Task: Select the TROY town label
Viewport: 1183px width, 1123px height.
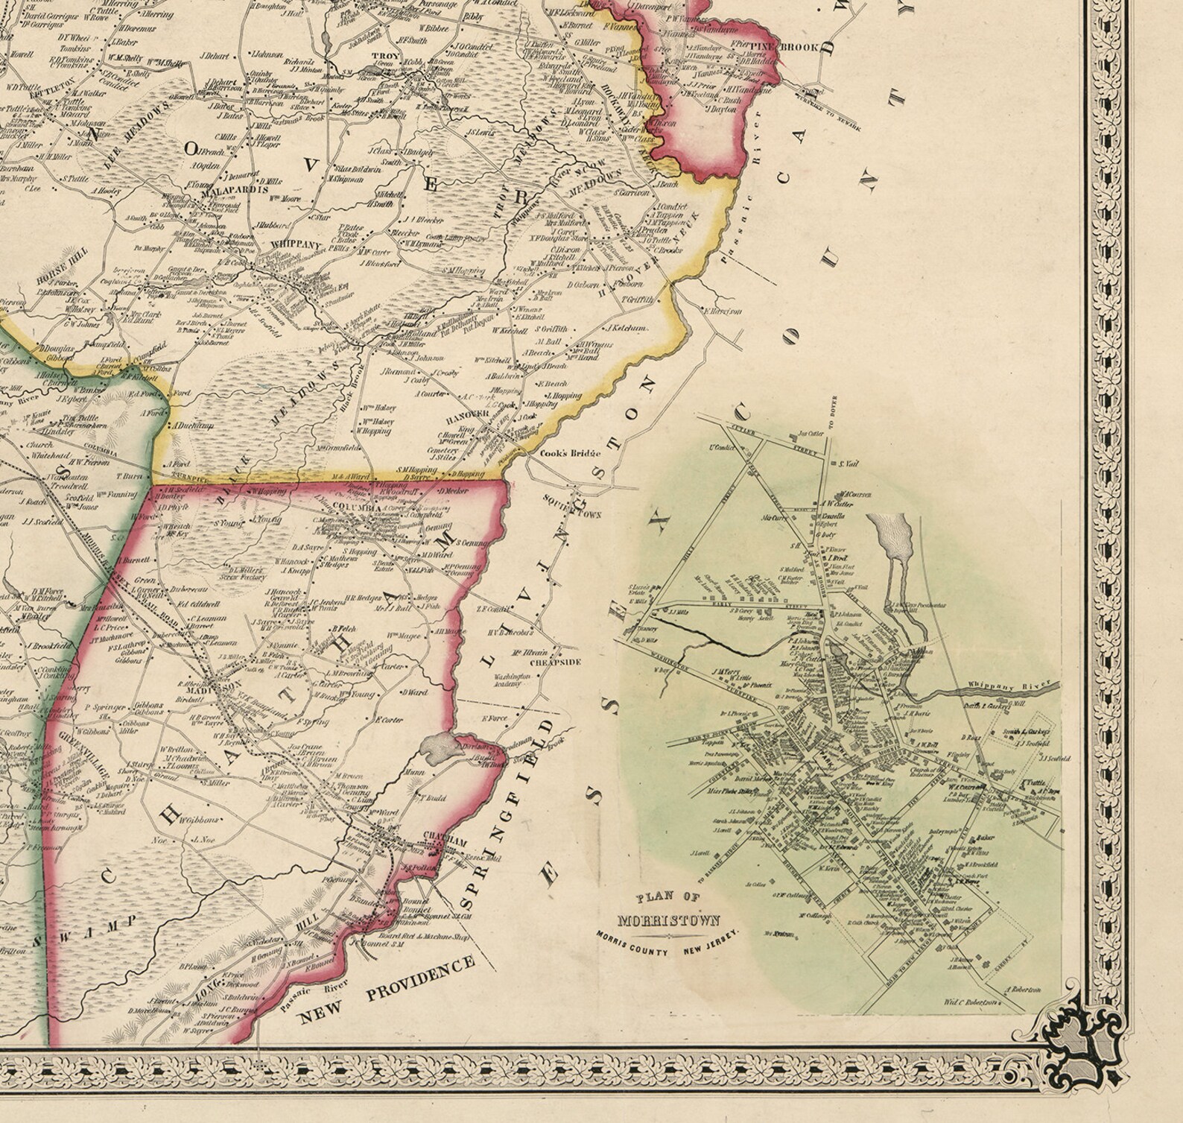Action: point(384,56)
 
